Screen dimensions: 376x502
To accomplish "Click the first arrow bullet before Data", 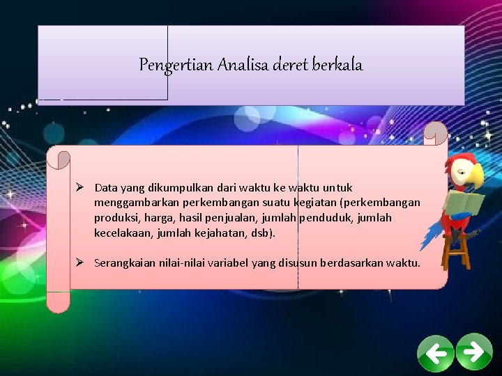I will (x=81, y=187).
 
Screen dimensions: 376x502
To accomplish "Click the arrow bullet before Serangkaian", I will (x=81, y=263).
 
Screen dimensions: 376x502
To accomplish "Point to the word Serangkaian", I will (x=123, y=263).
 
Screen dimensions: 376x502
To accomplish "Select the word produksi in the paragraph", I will (x=114, y=218).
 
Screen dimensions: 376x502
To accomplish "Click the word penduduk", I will (x=326, y=218).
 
